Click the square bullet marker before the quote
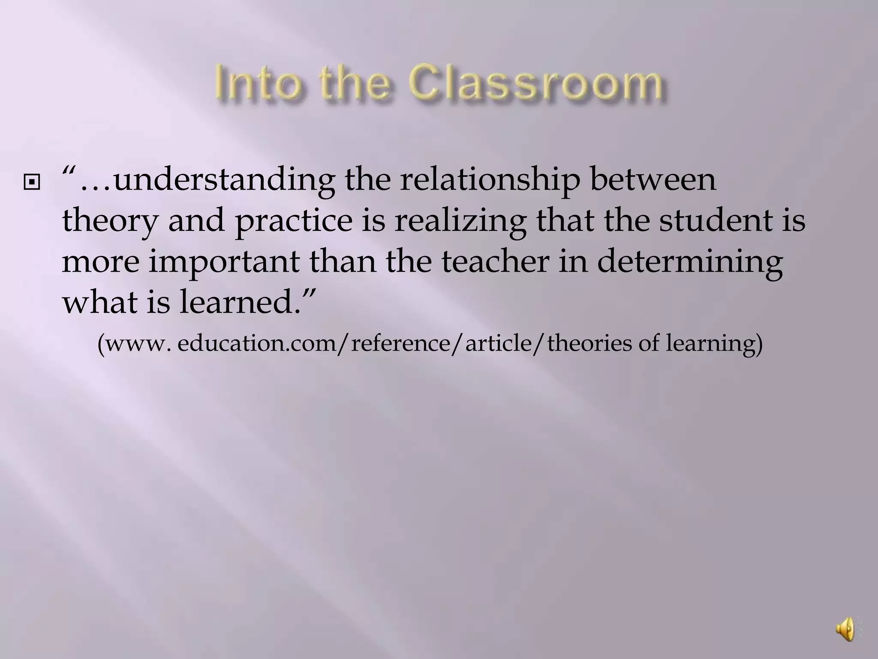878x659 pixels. [33, 184]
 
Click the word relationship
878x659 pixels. [490, 180]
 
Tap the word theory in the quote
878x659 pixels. [110, 221]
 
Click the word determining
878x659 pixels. [690, 263]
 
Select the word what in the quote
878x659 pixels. [101, 302]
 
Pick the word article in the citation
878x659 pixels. [498, 344]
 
